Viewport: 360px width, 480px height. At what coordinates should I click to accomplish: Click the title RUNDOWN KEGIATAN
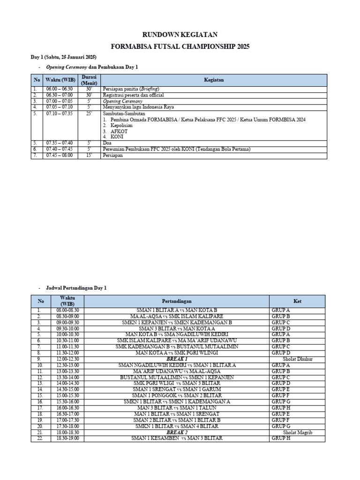180,35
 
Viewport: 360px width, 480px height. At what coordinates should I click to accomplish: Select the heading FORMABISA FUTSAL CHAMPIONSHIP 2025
180,47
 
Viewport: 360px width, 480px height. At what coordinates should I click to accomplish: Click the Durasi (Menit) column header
89,80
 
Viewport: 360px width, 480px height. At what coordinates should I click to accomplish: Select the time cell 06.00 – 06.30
60,89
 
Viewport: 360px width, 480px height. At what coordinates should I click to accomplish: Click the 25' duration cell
89,113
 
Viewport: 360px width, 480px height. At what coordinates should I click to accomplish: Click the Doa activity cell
106,143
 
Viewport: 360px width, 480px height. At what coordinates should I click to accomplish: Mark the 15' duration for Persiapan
89,156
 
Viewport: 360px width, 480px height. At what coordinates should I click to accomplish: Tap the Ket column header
297,301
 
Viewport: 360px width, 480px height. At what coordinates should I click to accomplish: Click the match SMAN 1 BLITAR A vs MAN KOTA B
177,310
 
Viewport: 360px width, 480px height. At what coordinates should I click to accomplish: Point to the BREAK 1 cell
177,359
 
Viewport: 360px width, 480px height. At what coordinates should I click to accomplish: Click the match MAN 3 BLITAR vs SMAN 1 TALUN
177,408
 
